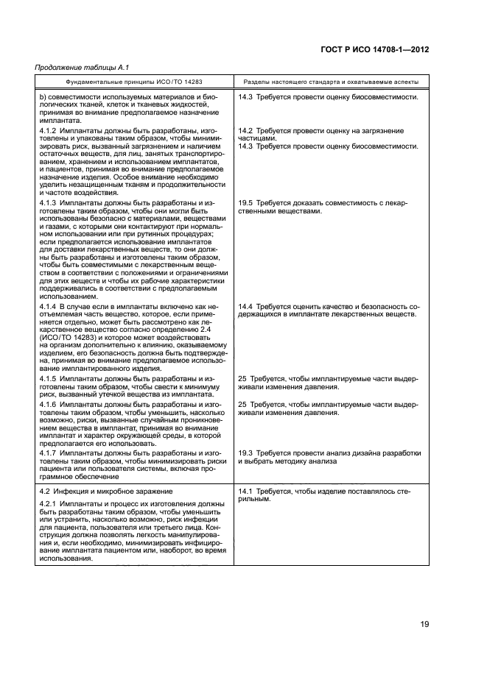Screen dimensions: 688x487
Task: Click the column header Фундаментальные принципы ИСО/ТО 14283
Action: pyautogui.click(x=135, y=82)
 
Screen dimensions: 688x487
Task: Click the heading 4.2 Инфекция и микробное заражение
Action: pyautogui.click(x=105, y=490)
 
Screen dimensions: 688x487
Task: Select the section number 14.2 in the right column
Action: pyautogui.click(x=245, y=130)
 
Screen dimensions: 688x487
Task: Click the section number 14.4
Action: pyautogui.click(x=245, y=305)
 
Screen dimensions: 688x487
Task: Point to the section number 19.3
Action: pyautogui.click(x=245, y=453)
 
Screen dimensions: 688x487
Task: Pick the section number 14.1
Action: pyautogui.click(x=245, y=490)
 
